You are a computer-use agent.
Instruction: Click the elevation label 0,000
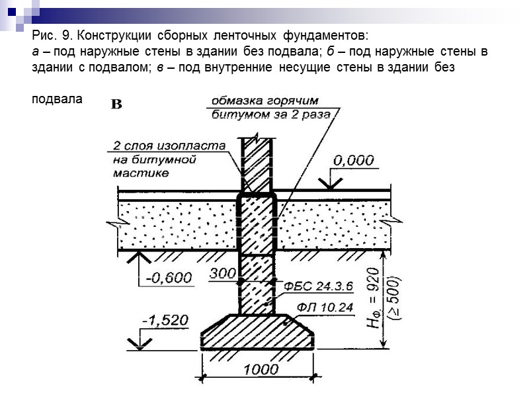click(x=353, y=160)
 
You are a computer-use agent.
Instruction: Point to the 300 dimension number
click(x=222, y=273)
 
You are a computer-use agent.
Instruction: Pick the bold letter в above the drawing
click(x=116, y=104)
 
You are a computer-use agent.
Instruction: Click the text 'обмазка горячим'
click(x=264, y=101)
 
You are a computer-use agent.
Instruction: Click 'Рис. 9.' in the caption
click(x=52, y=34)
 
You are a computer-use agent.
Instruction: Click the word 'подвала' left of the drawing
click(x=57, y=99)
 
